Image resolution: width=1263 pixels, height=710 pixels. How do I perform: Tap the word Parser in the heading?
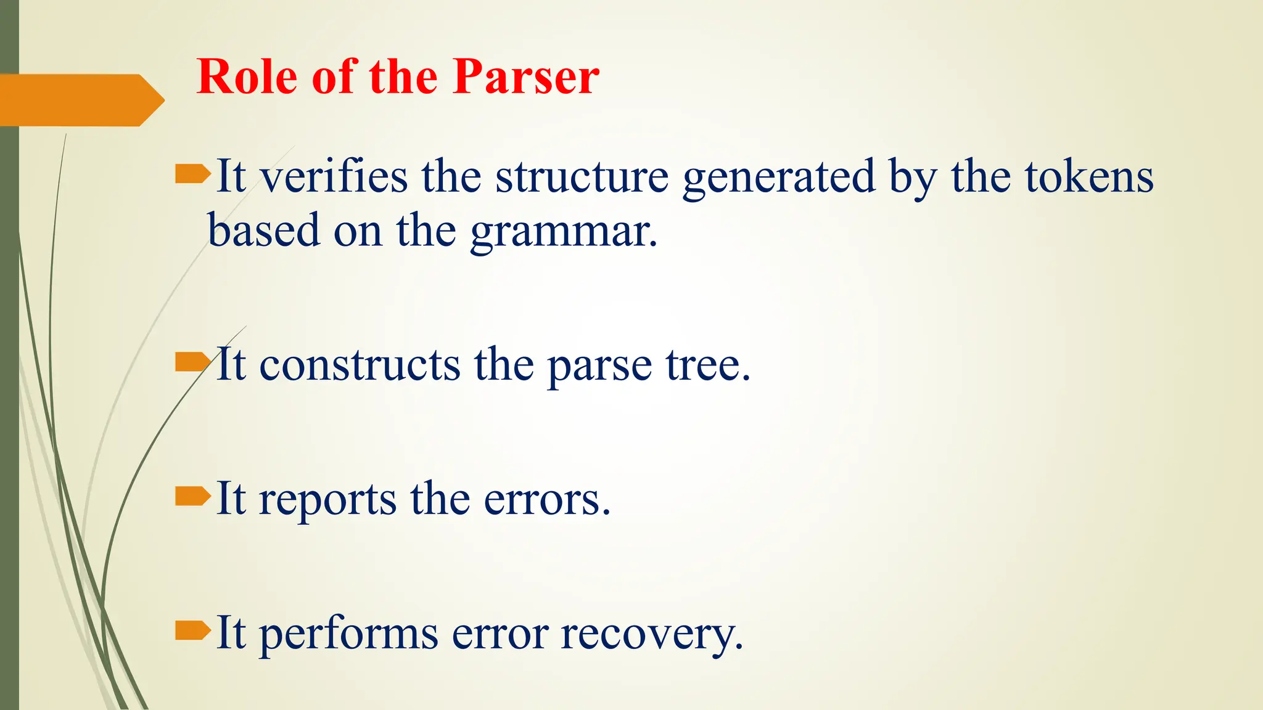click(x=525, y=77)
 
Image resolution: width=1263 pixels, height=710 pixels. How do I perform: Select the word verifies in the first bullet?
click(x=333, y=177)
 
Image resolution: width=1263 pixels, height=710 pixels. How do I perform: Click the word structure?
click(x=582, y=177)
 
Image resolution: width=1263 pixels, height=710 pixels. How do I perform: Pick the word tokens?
click(x=1089, y=177)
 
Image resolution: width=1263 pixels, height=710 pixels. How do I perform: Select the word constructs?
click(x=359, y=365)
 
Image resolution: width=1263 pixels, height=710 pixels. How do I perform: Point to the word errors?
click(x=546, y=499)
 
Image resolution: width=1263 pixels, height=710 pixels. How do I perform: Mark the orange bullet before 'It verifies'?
click(x=192, y=174)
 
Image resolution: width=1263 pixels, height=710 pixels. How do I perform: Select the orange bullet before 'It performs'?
click(x=192, y=630)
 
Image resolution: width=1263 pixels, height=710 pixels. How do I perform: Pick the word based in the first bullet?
click(x=263, y=231)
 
